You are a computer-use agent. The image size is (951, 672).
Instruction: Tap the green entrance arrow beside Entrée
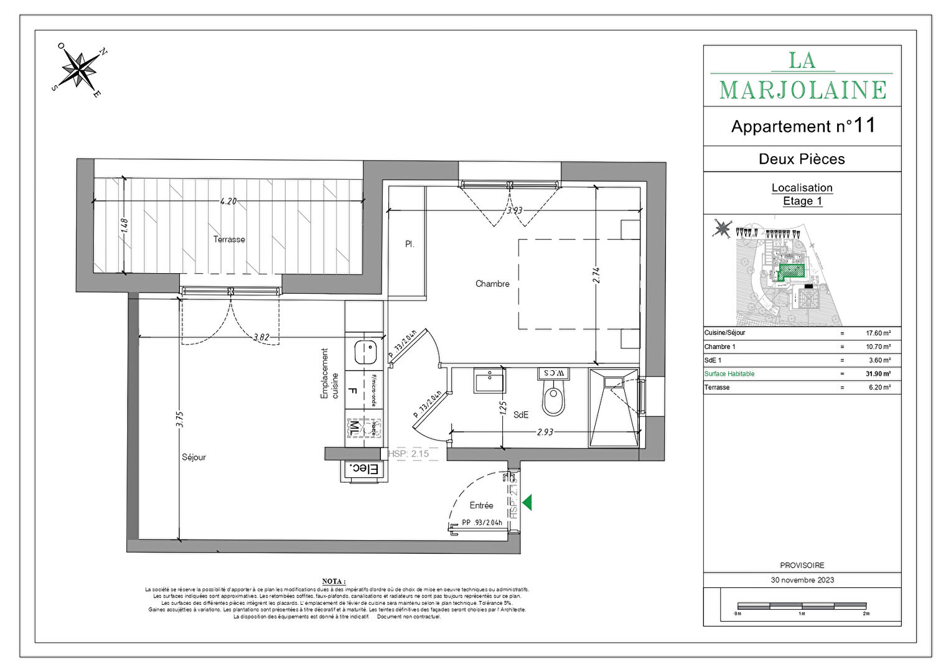(527, 502)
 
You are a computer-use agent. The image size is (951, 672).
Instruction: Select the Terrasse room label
(229, 240)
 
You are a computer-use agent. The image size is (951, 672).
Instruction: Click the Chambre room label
(492, 284)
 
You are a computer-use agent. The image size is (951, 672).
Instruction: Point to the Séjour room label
(194, 457)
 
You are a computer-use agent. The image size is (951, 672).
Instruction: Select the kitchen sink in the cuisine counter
(365, 353)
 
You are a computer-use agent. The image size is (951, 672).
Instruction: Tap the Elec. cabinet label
(364, 469)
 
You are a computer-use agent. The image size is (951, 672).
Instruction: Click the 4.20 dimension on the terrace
(228, 201)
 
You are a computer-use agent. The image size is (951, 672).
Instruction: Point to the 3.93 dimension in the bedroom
(514, 210)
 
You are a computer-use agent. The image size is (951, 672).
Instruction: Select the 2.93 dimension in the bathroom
(545, 431)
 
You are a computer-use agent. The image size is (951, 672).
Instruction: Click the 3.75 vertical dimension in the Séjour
(180, 419)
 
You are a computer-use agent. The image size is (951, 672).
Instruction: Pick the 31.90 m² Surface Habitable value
(878, 374)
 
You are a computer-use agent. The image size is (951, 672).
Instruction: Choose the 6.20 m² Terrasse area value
(879, 388)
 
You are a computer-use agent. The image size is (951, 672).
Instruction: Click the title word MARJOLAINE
(802, 91)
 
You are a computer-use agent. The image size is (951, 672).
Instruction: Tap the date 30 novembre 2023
(802, 580)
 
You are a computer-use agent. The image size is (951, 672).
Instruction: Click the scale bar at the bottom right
(802, 605)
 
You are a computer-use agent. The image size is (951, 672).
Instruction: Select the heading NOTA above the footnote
(334, 581)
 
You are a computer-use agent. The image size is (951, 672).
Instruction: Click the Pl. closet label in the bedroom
(410, 245)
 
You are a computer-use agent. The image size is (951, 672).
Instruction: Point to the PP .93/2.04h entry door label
(482, 523)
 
